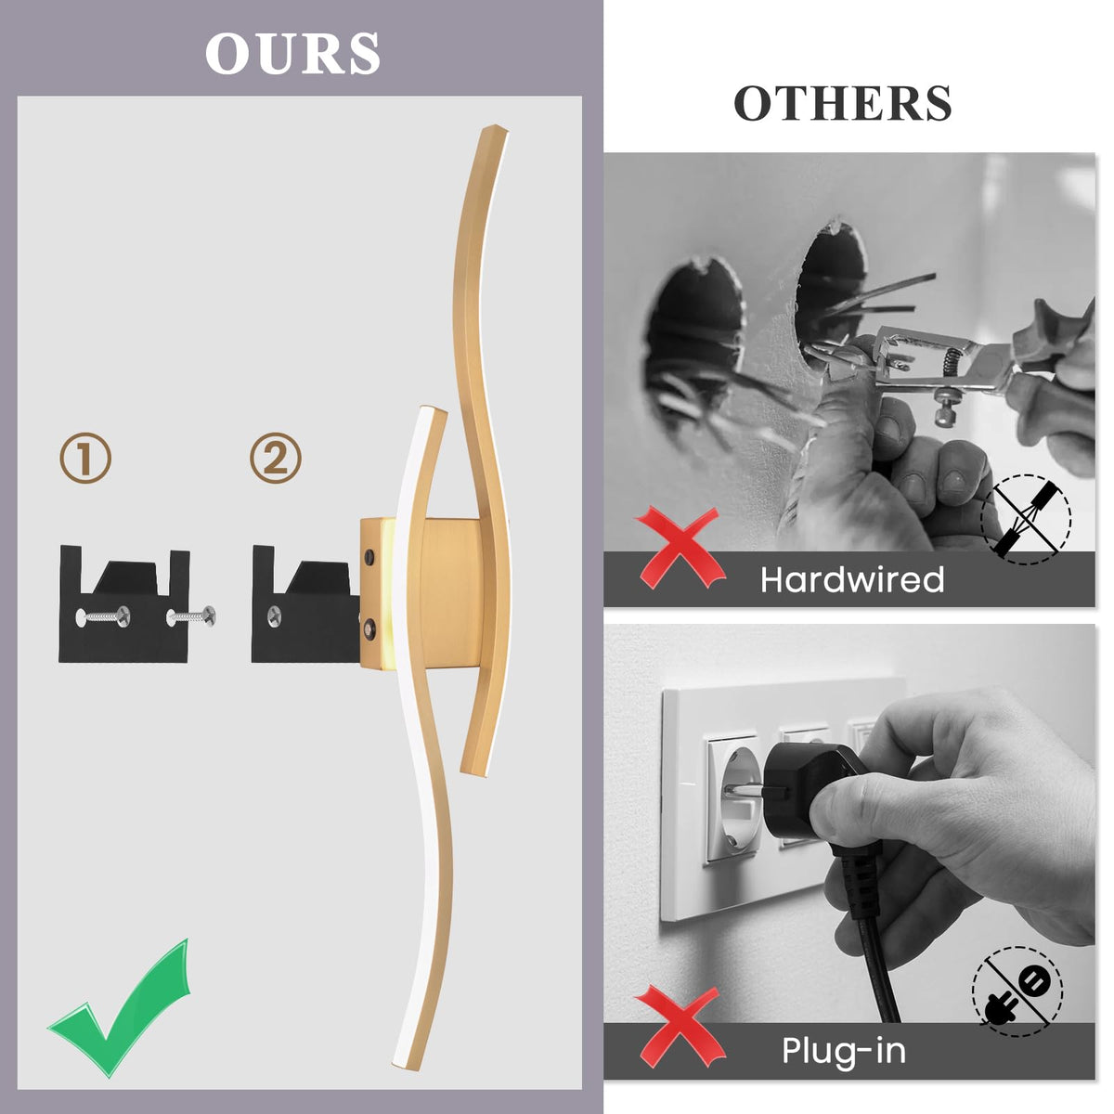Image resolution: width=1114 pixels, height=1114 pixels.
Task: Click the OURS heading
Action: [292, 53]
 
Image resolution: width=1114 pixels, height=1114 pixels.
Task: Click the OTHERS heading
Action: [842, 103]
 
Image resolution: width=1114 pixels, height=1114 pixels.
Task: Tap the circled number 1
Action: [85, 460]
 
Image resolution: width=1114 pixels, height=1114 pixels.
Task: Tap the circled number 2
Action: [276, 459]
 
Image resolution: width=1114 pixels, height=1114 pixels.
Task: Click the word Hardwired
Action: [852, 579]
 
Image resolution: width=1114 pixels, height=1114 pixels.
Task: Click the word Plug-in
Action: [844, 1050]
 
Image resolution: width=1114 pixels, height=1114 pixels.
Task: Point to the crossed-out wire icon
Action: [1026, 520]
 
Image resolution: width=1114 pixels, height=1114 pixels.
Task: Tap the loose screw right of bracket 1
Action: [192, 617]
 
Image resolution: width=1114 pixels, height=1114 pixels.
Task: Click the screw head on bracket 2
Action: [275, 616]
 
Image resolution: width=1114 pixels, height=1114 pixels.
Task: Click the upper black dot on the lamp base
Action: [369, 558]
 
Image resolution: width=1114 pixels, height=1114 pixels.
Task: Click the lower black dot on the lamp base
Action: [369, 627]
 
